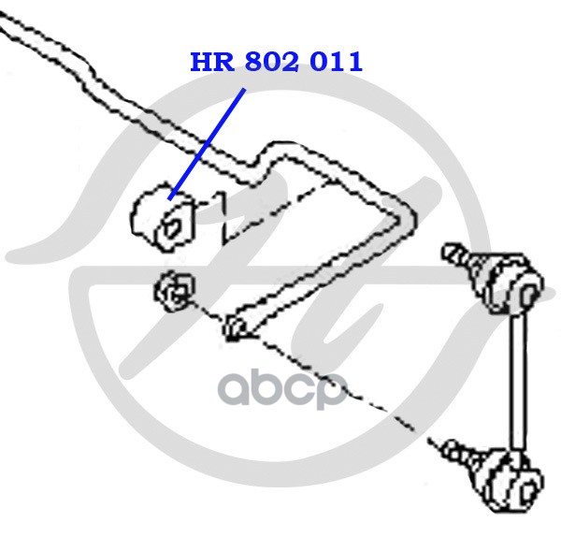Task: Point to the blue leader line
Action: [x=209, y=140]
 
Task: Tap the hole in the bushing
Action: [x=172, y=225]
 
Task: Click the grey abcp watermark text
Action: [x=280, y=389]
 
